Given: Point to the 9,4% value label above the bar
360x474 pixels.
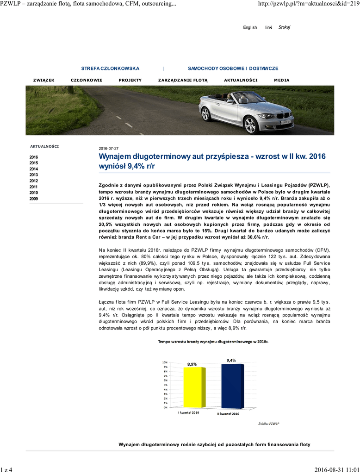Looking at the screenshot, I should coord(231,360).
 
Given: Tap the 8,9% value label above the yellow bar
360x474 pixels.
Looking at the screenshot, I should coord(192,364).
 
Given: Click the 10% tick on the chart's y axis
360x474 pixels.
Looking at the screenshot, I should coord(164,362).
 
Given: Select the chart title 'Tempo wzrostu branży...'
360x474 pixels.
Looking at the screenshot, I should coord(213,342).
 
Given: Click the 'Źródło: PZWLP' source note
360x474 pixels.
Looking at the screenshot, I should coord(268,424).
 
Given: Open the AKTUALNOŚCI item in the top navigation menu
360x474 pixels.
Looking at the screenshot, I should coord(241,80).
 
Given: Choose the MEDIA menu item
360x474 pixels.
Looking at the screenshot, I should coord(281,80).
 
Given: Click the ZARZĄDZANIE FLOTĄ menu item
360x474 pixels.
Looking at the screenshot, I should coord(183,80).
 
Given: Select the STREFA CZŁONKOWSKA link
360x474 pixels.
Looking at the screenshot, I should coord(110,68).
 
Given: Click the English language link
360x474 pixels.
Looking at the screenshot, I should coord(250,27).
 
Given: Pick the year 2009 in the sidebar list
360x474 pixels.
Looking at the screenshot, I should coord(34,199).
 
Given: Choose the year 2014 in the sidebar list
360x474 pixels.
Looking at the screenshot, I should coord(34,169).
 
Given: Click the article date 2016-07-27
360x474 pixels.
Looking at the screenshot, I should coord(109,148).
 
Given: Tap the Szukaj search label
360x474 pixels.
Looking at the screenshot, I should coord(284,27).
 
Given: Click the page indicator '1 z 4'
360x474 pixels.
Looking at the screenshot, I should coord(7,470).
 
